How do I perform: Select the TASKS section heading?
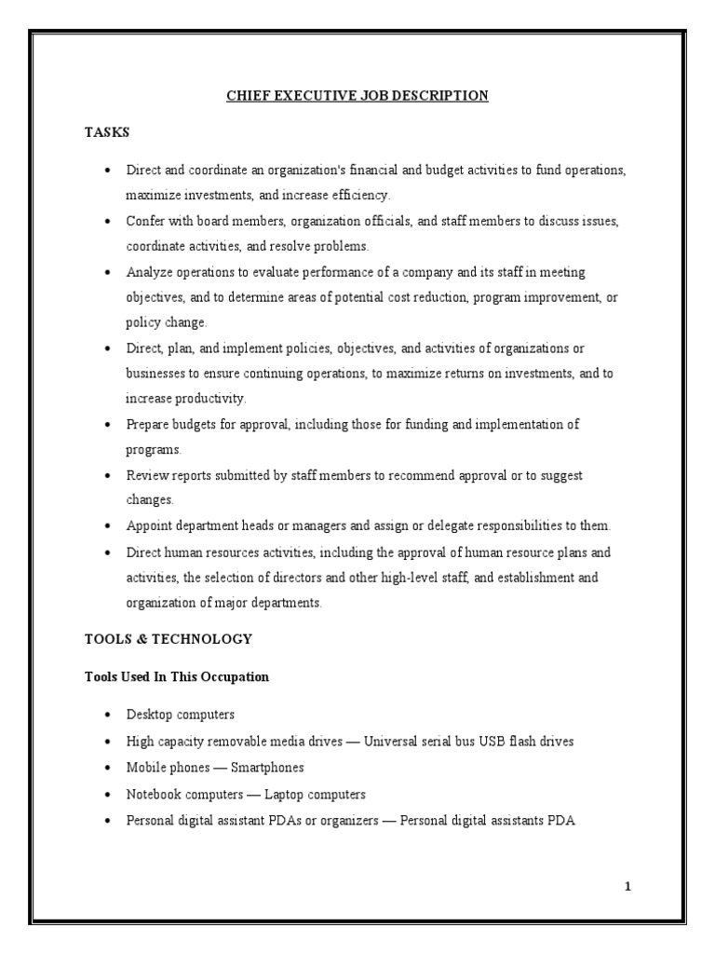click(107, 133)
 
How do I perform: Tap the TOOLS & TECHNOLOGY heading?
click(169, 639)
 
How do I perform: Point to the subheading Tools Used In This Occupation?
click(177, 677)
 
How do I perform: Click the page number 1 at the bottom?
click(627, 886)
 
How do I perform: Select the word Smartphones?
click(267, 769)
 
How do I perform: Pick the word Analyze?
click(149, 272)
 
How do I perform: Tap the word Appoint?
click(149, 526)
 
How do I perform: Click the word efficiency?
click(358, 196)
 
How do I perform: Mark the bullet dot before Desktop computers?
click(107, 715)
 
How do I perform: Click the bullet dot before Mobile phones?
click(107, 769)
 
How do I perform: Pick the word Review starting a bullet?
click(147, 475)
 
